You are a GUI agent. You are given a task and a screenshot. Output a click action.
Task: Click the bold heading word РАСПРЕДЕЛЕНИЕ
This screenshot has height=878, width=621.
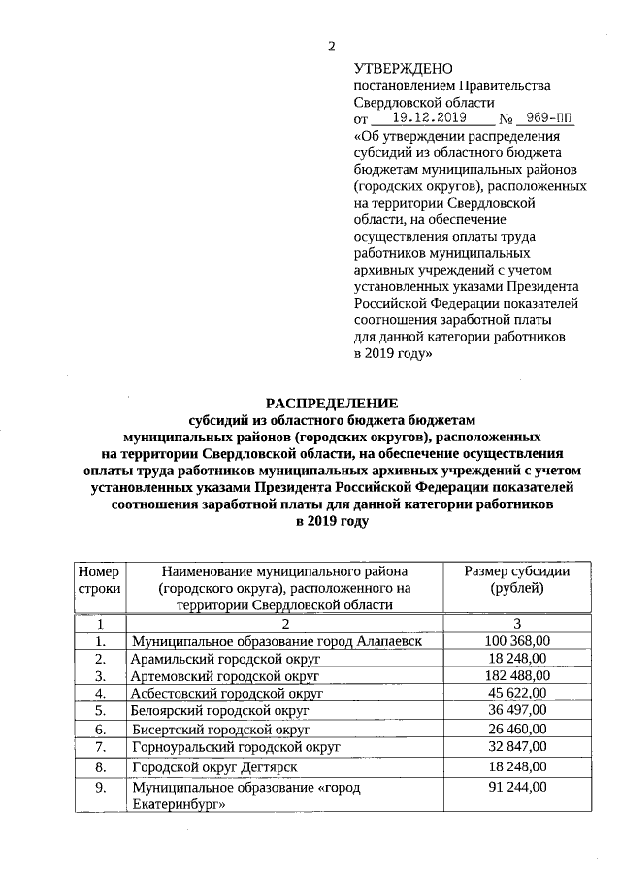click(333, 403)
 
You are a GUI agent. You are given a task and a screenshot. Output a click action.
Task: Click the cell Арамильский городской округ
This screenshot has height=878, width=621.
click(225, 659)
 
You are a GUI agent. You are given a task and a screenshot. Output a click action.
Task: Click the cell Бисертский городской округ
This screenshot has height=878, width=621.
click(220, 728)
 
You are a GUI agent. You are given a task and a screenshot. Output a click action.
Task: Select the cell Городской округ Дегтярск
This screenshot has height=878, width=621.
click(214, 766)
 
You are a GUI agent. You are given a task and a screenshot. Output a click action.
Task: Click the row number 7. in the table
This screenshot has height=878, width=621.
click(99, 746)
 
